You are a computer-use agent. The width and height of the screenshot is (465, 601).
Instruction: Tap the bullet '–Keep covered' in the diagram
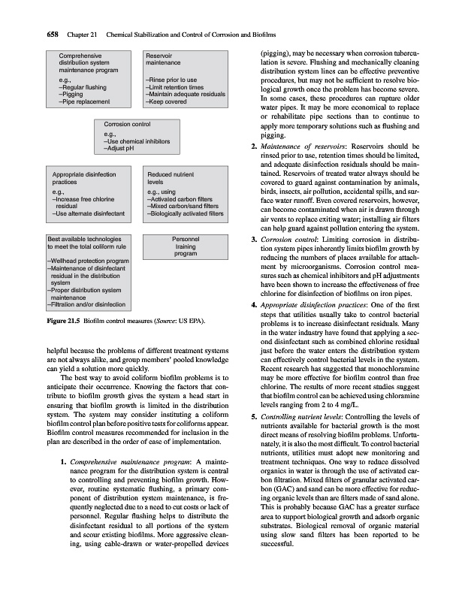point(168,101)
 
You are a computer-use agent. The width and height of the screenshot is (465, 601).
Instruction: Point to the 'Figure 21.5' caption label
point(62,322)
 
